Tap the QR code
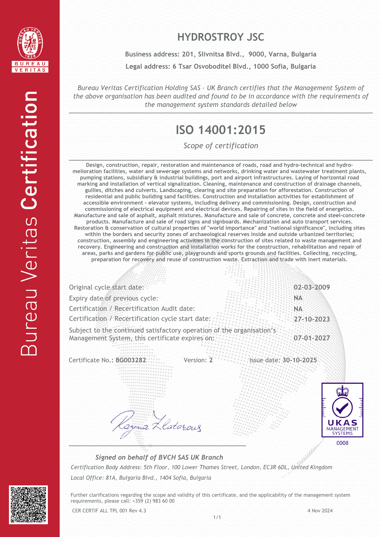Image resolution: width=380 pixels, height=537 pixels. tap(28, 504)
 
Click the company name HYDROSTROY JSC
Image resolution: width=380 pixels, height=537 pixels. tap(220, 37)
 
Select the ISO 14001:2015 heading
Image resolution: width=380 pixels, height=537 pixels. tap(220, 130)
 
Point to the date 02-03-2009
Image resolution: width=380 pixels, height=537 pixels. tap(312, 287)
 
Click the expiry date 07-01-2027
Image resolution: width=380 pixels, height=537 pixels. tap(312, 338)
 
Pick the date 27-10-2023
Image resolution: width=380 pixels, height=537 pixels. tap(312, 319)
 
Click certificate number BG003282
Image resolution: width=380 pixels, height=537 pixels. tap(131, 360)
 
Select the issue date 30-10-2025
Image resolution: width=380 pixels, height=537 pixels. tap(300, 360)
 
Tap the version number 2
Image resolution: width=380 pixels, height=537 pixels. tap(211, 360)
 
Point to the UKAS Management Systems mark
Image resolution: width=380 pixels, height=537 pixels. tap(342, 410)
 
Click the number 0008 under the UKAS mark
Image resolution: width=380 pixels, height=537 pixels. tap(342, 443)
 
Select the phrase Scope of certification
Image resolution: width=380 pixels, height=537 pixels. tap(220, 146)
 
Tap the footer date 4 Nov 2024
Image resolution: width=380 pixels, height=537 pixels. tap(320, 511)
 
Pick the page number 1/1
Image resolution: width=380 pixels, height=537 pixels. tap(217, 518)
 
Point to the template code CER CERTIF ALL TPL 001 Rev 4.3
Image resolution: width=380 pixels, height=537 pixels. tap(109, 511)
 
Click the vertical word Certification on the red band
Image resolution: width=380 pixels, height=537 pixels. tap(29, 150)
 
